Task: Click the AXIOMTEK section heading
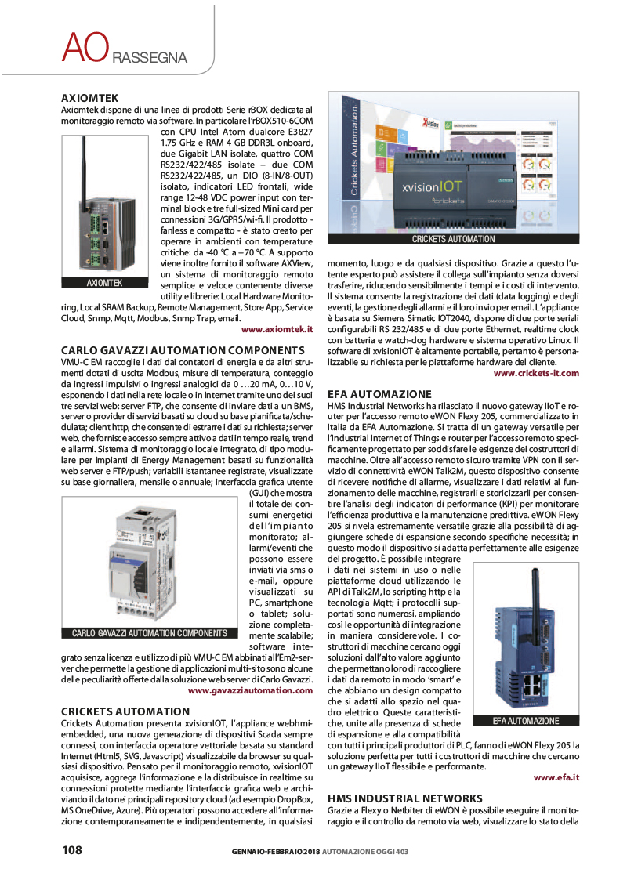(x=89, y=98)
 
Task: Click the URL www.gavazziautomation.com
(x=250, y=690)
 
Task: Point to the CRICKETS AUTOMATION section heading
(x=125, y=711)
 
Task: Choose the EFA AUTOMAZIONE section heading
(x=379, y=393)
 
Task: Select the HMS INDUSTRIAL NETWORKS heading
(x=405, y=798)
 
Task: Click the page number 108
(x=73, y=850)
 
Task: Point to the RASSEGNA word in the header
(x=149, y=58)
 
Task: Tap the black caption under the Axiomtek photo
(x=104, y=283)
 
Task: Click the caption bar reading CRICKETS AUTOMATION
(x=453, y=239)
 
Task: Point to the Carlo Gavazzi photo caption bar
(x=149, y=633)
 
